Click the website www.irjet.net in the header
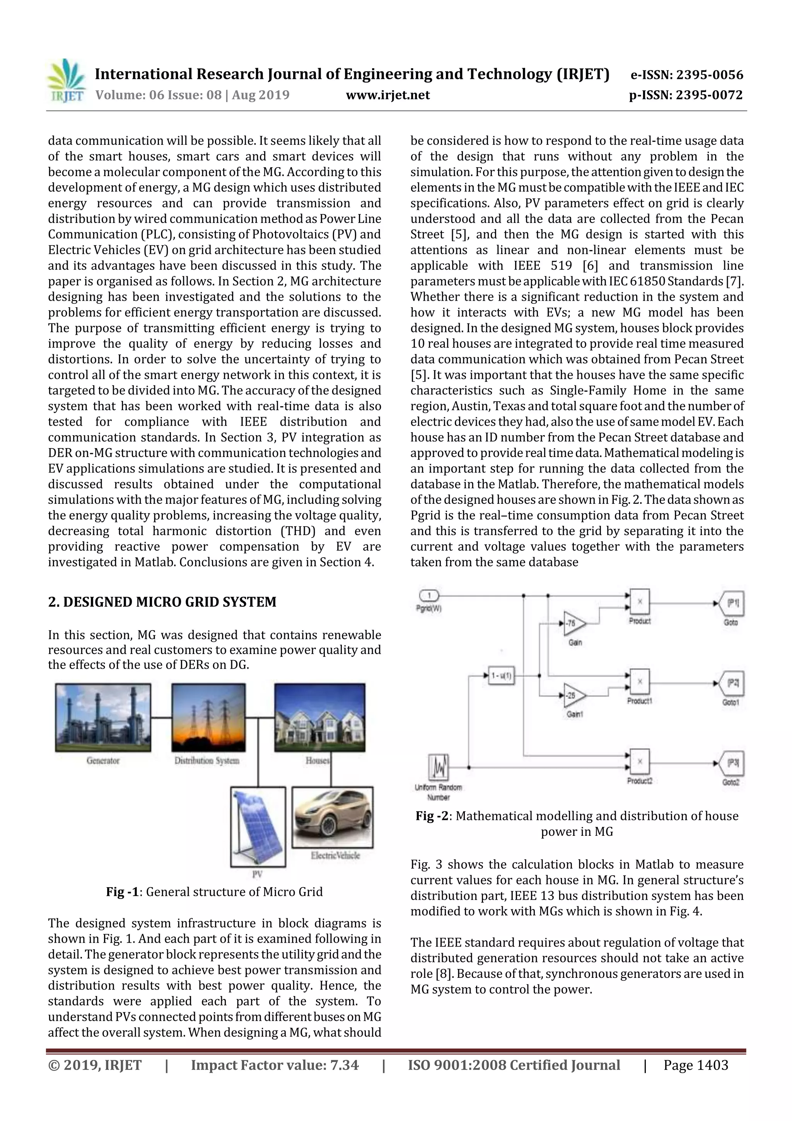pyautogui.click(x=387, y=95)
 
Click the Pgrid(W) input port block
pyautogui.click(x=429, y=596)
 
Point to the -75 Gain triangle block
pyautogui.click(x=574, y=623)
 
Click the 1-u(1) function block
pyautogui.click(x=501, y=676)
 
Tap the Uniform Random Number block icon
pyautogui.click(x=438, y=767)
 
